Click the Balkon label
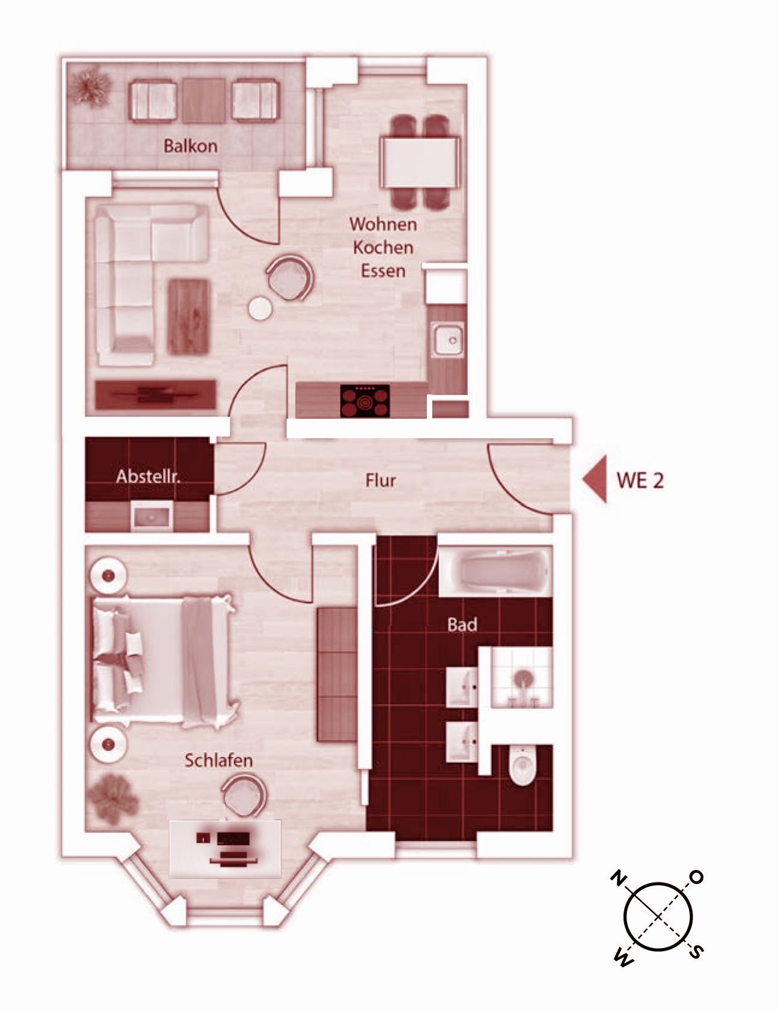tap(190, 145)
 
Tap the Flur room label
tap(381, 480)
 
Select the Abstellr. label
tap(148, 477)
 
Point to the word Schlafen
tap(218, 760)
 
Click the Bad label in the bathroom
tap(462, 625)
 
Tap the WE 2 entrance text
tap(640, 480)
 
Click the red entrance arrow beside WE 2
tap(595, 479)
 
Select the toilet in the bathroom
tap(521, 765)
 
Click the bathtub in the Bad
tap(495, 571)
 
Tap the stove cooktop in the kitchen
tap(365, 401)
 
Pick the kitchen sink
tap(447, 340)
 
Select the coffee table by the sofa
tap(189, 316)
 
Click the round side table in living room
tap(260, 309)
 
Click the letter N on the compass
tap(617, 879)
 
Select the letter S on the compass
tap(696, 952)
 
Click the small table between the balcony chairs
tap(204, 100)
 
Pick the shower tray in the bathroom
tap(522, 678)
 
